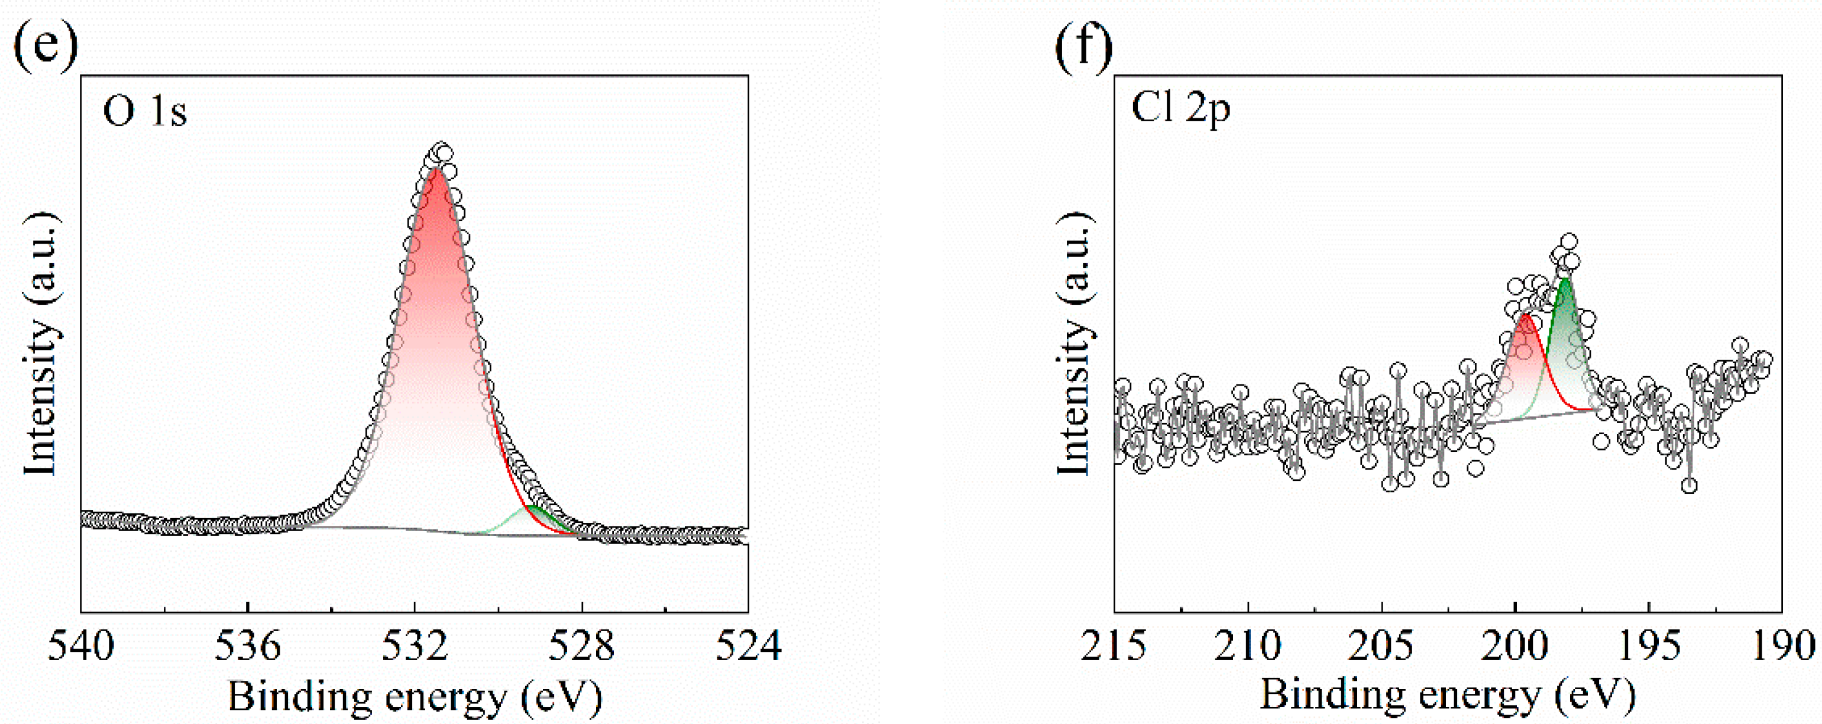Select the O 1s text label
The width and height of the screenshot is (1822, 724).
(145, 111)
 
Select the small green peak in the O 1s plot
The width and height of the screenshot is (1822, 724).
(535, 508)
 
